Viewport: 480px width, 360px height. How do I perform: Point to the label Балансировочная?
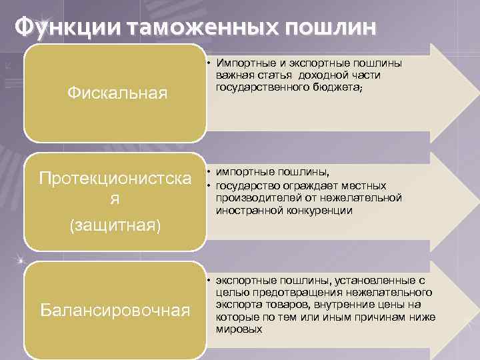[x=115, y=309]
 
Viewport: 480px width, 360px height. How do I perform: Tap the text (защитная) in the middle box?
[x=115, y=226]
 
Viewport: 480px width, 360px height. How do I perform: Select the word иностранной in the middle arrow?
[x=245, y=210]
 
